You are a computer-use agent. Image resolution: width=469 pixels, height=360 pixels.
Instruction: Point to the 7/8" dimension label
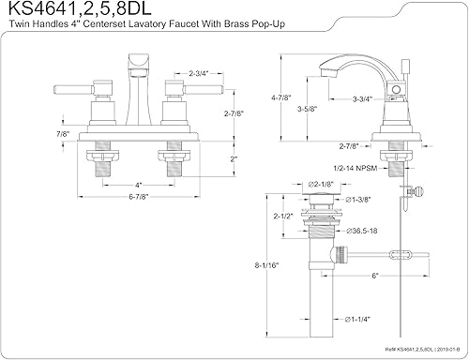[x=63, y=135]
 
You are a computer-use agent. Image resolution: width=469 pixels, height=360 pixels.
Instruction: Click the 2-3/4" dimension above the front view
[x=198, y=72]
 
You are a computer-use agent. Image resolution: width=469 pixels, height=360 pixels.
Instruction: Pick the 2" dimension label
[x=233, y=159]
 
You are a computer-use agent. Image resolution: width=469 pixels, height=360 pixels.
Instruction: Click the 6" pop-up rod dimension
[x=374, y=276]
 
